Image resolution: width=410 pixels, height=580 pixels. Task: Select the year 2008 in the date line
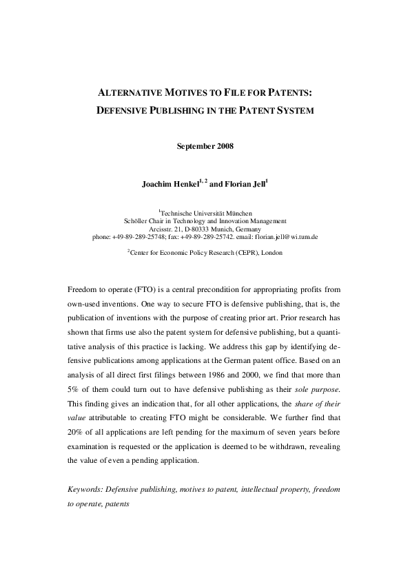[223, 146]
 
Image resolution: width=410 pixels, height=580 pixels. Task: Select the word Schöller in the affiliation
[136, 221]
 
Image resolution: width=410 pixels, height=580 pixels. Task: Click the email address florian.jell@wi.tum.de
[286, 236]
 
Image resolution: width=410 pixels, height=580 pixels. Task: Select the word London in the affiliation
[269, 253]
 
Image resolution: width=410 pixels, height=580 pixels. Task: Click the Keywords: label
[88, 490]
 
